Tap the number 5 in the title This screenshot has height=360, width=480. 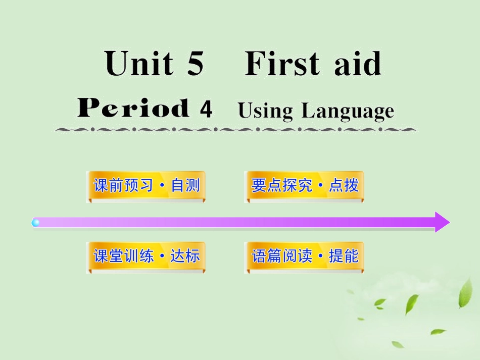(x=195, y=64)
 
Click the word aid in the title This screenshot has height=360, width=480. (x=357, y=64)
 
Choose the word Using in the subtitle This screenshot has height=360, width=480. (x=265, y=111)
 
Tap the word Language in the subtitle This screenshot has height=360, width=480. (x=347, y=111)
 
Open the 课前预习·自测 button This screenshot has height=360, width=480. (x=146, y=186)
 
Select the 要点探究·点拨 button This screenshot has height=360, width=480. (x=304, y=186)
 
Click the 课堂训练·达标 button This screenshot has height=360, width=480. (x=146, y=256)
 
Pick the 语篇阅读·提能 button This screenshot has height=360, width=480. (x=304, y=256)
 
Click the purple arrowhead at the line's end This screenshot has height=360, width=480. (x=441, y=222)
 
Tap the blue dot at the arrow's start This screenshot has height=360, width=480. (x=36, y=222)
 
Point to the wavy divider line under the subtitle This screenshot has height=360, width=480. (x=235, y=130)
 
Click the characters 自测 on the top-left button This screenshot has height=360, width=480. (x=185, y=186)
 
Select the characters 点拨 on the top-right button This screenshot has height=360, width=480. (x=344, y=186)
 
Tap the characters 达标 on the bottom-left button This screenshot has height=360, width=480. (x=185, y=256)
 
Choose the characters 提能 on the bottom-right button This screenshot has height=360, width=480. (x=344, y=256)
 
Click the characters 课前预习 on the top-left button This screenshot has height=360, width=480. (x=123, y=186)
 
